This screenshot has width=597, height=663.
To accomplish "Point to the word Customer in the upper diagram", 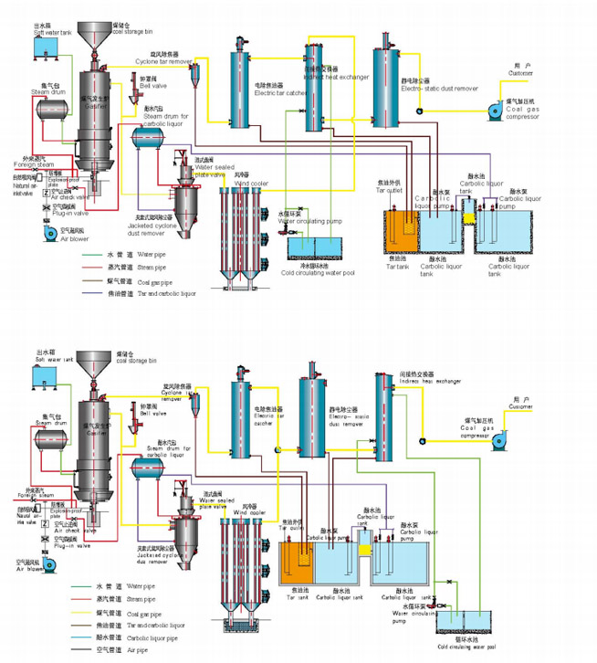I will pos(522,73).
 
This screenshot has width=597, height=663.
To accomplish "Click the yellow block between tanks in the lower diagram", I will pos(365,551).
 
